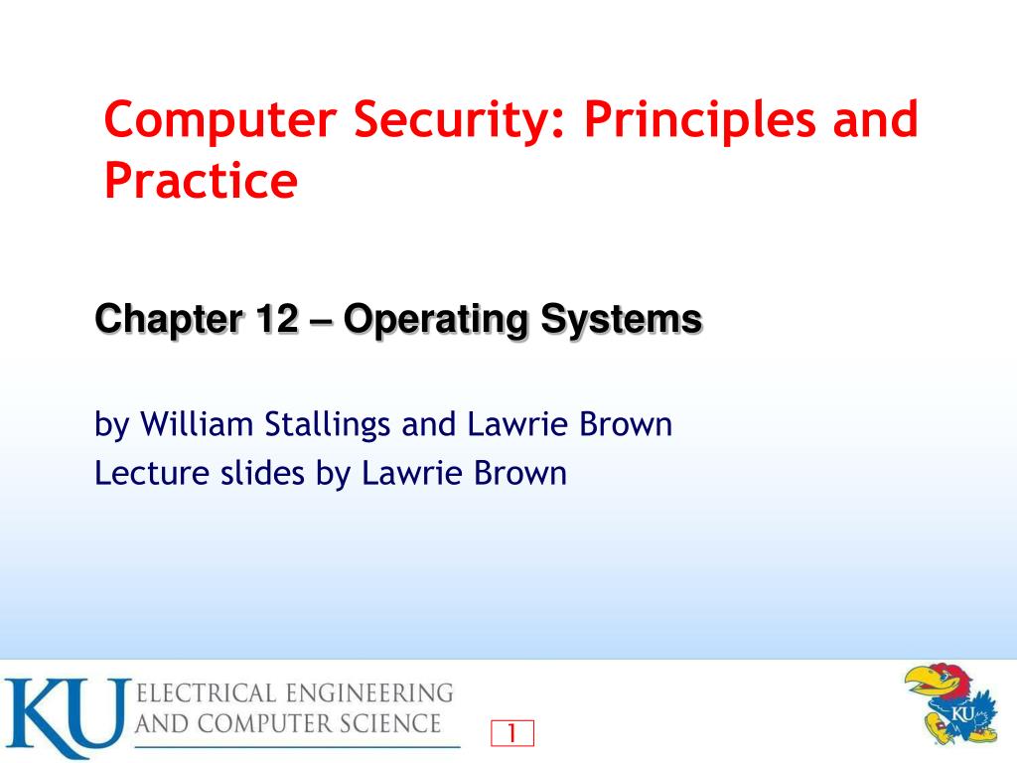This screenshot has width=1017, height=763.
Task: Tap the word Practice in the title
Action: [201, 180]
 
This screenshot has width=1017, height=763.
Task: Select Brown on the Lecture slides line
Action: [519, 473]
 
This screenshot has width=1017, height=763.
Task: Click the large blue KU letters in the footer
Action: [66, 715]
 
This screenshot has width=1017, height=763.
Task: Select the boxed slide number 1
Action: [512, 733]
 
